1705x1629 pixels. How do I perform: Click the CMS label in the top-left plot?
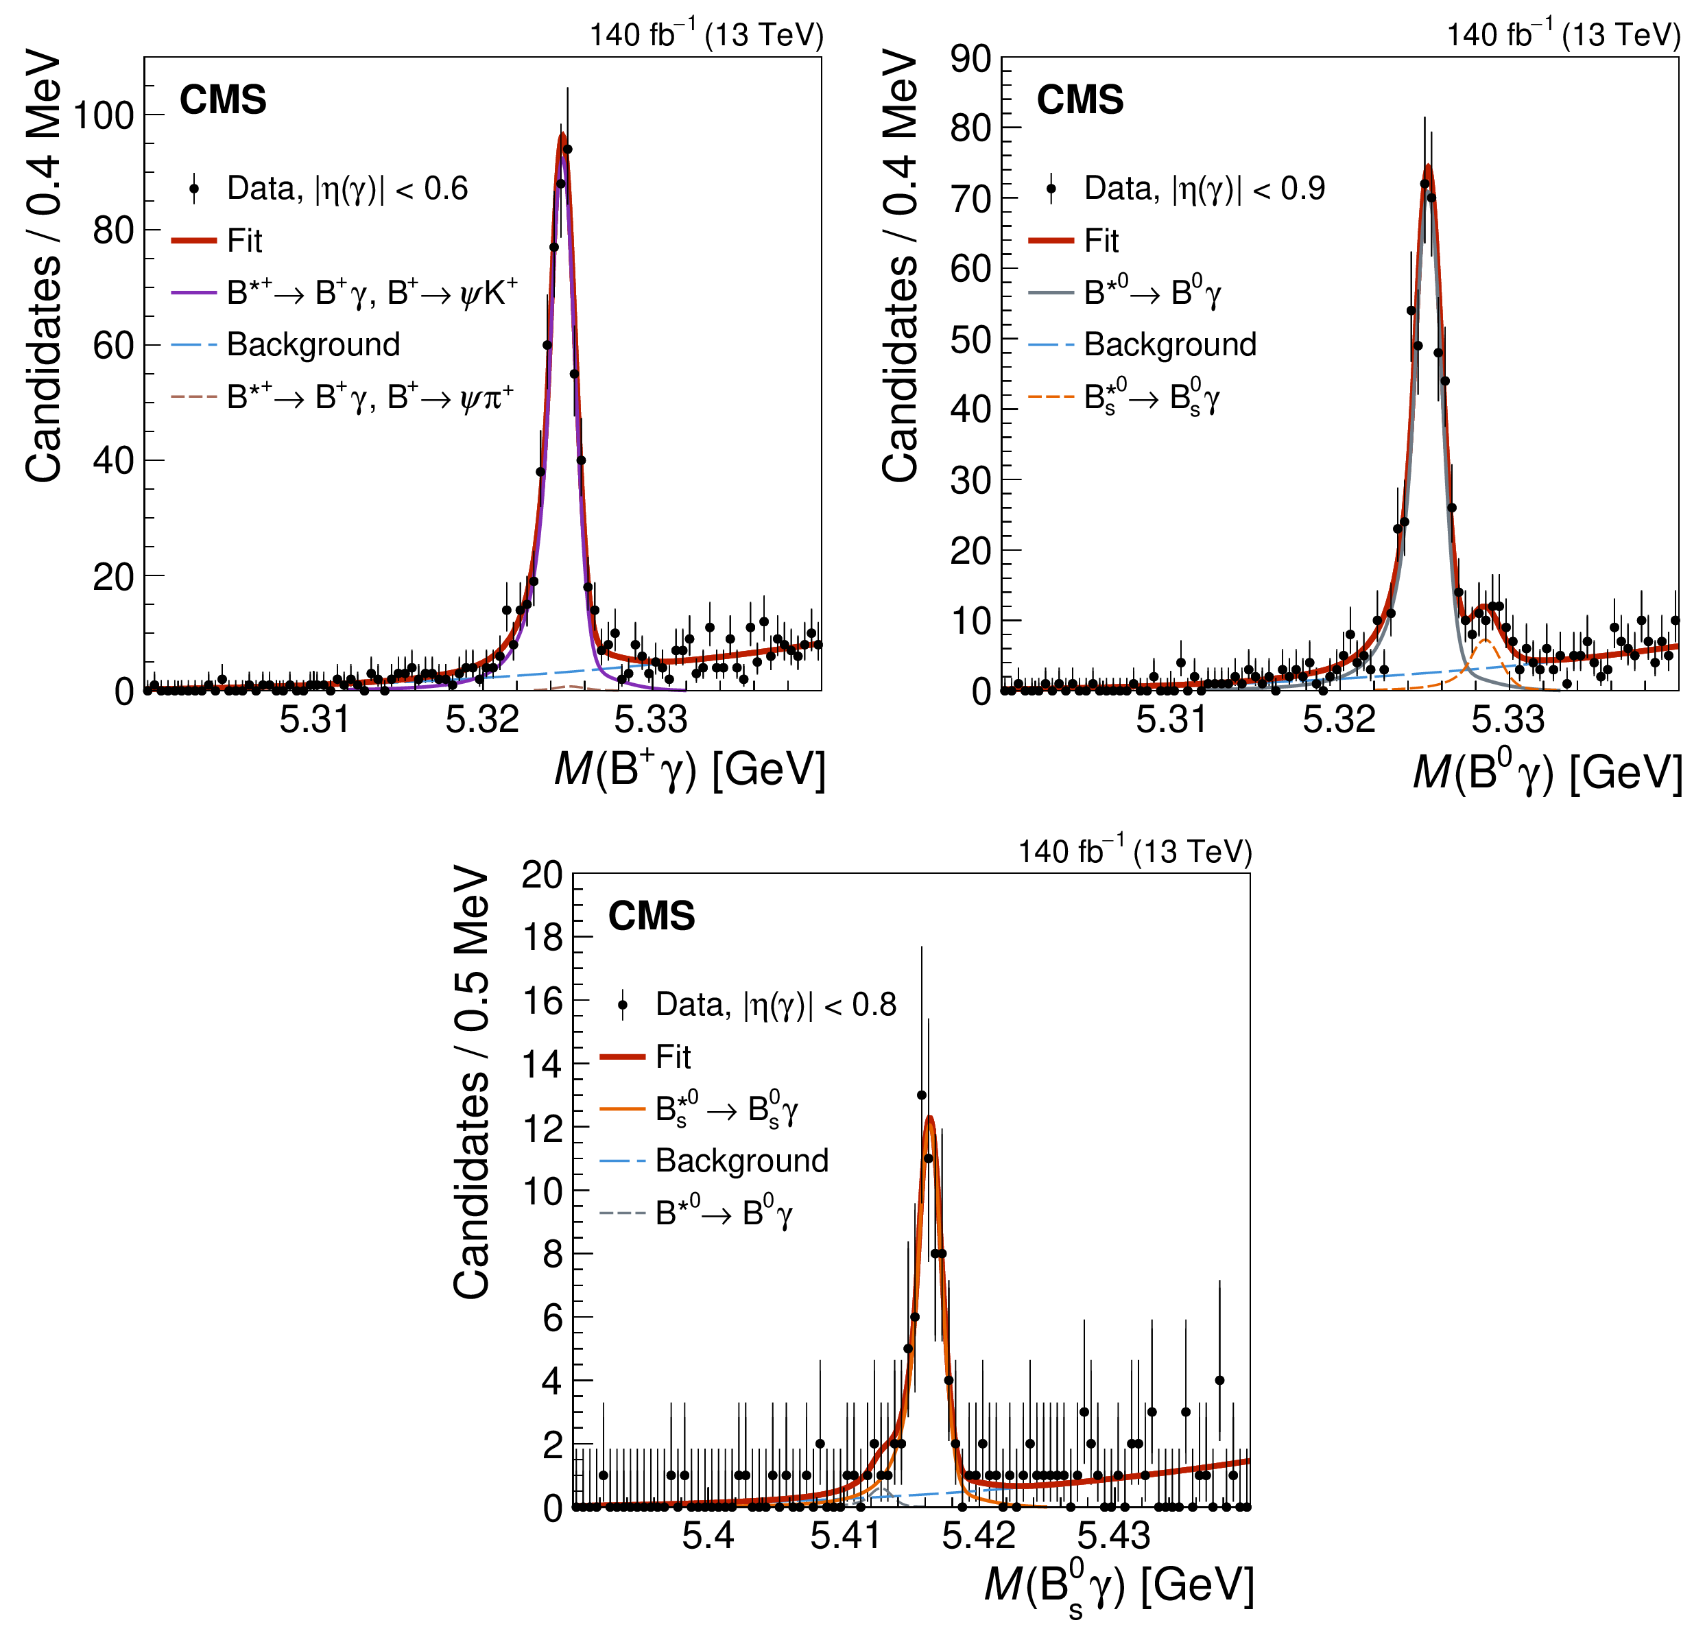coord(222,100)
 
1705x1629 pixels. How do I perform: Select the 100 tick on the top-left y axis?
coord(104,115)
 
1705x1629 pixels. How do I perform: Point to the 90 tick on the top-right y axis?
coord(970,59)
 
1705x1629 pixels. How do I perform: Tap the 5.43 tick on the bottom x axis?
coord(1114,1535)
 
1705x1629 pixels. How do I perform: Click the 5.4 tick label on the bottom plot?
coord(708,1535)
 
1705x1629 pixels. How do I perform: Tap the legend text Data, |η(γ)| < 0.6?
coord(347,189)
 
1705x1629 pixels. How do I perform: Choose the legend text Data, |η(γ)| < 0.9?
coord(1204,189)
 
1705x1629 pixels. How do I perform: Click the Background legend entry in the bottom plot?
coord(741,1161)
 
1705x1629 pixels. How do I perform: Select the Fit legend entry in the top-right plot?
coord(1101,241)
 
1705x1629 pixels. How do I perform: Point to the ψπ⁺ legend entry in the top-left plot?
coord(370,397)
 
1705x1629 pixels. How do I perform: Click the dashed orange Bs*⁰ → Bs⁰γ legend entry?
coord(1151,398)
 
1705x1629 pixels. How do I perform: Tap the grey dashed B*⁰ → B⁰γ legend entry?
coord(723,1213)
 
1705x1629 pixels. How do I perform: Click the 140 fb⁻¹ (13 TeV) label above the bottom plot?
coord(1134,852)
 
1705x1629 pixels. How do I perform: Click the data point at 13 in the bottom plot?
coord(922,1095)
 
